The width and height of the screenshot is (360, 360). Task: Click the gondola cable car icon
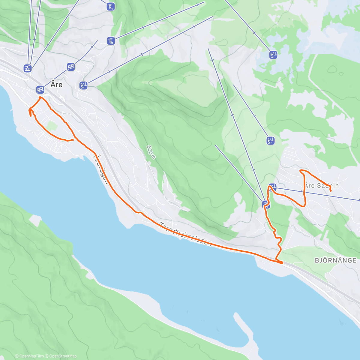(x=28, y=68)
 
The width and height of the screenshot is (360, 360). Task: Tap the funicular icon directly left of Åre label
(x=40, y=89)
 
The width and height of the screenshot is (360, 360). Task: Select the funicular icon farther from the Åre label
(x=71, y=66)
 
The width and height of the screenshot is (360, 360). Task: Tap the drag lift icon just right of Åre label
(x=83, y=85)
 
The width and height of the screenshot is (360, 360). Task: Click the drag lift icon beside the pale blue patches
(x=273, y=55)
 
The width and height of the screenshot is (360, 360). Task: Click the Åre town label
(x=56, y=85)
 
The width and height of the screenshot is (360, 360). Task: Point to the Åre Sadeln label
(x=322, y=185)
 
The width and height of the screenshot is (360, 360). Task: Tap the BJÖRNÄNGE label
(x=335, y=260)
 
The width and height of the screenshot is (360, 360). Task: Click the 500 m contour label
(x=151, y=152)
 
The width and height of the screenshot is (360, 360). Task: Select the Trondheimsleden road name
(x=186, y=234)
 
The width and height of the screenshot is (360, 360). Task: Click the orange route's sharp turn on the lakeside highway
(x=282, y=263)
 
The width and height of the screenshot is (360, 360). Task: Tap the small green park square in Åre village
(x=52, y=125)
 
